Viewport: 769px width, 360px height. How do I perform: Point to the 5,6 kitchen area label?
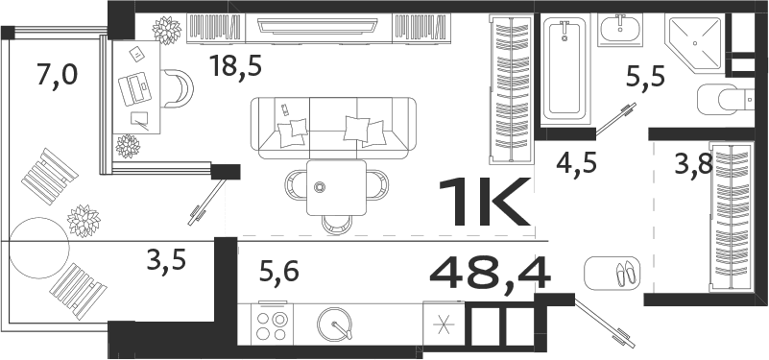(x=279, y=273)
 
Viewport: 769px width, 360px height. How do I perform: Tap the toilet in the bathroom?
(x=726, y=98)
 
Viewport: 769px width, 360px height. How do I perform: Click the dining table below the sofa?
(x=336, y=189)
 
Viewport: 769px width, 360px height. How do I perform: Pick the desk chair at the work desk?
(x=178, y=89)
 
